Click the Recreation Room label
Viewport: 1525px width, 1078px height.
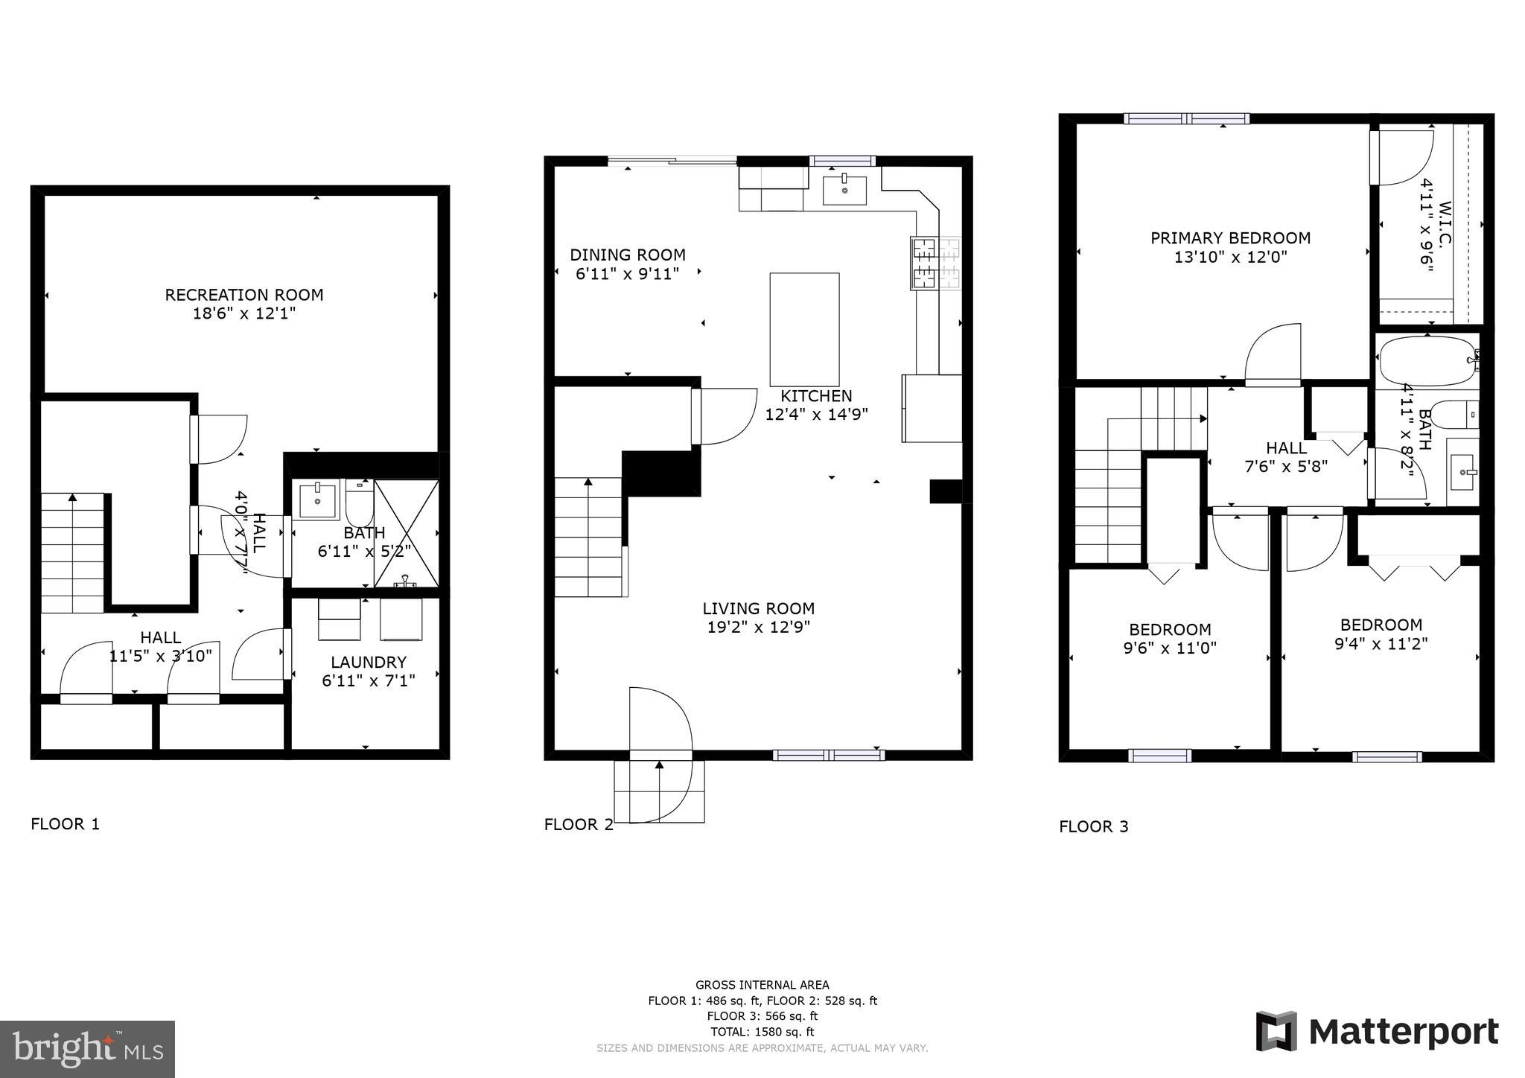coord(243,295)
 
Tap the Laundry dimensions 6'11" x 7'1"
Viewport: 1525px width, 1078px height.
coord(368,680)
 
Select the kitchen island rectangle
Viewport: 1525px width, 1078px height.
coord(804,328)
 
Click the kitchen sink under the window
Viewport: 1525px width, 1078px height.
coord(844,190)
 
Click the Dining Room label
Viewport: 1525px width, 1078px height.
coord(627,255)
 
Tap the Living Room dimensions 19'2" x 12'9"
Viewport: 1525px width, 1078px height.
coord(758,628)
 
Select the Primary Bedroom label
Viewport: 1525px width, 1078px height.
coord(1230,238)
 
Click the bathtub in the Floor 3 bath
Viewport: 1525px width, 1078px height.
coord(1426,360)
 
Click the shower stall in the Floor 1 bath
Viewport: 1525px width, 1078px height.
coord(406,533)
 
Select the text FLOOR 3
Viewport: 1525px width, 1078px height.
coord(1093,826)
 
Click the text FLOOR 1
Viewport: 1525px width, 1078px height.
coord(65,824)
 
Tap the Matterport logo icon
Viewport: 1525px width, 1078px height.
coord(1276,1031)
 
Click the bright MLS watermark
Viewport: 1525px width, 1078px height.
coord(87,1049)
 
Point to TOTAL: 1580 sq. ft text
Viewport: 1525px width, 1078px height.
coord(762,1032)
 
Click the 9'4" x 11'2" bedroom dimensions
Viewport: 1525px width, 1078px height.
coord(1381,644)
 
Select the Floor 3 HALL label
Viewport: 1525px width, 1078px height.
coord(1286,448)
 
